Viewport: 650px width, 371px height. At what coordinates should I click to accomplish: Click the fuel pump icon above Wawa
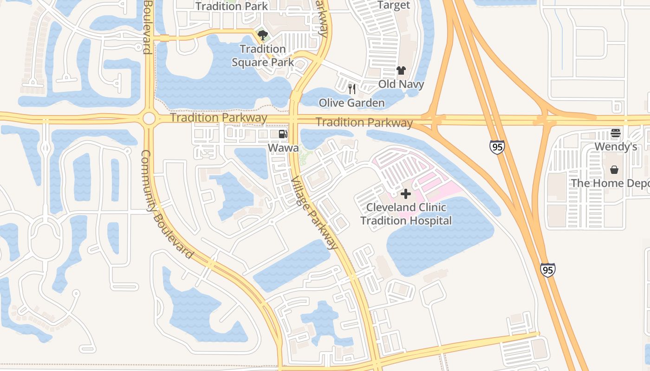pos(283,134)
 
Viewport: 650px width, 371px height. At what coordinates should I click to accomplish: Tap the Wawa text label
pos(283,147)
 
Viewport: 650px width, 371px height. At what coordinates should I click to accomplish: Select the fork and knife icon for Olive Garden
pos(352,89)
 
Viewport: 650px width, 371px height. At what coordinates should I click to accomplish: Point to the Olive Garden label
pos(351,103)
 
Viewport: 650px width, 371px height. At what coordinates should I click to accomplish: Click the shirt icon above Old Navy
pos(401,70)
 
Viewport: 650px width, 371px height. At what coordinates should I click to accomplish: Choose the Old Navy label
pos(401,84)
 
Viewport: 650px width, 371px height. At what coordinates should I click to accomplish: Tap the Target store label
pos(394,6)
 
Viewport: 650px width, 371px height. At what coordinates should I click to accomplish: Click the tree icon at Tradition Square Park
pos(262,35)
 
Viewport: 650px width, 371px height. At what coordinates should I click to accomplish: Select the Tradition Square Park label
pos(263,55)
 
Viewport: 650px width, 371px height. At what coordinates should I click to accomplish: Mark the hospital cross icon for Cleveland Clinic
pos(406,194)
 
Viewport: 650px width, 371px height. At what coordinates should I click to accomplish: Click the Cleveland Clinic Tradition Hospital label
pos(406,214)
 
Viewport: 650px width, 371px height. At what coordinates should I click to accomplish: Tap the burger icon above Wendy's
pos(616,134)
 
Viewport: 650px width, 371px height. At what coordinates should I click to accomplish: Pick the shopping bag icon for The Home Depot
pos(615,170)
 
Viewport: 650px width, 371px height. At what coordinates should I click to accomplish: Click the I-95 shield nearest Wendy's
pos(496,147)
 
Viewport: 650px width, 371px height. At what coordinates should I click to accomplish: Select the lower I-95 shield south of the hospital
pos(547,269)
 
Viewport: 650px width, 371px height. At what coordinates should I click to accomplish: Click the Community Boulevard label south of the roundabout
pos(166,204)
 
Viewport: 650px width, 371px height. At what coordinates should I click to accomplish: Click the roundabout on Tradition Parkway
pos(149,119)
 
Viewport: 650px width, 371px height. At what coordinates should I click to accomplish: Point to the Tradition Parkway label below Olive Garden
pos(364,123)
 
